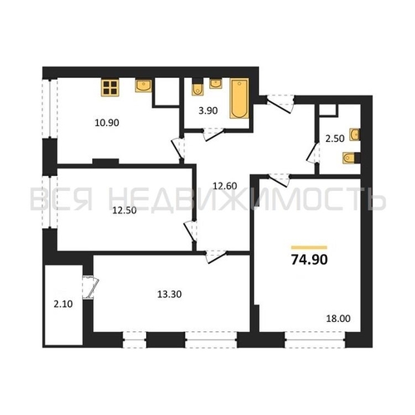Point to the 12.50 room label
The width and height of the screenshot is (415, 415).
(124, 210)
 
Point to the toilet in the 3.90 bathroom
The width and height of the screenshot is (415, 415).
(197, 90)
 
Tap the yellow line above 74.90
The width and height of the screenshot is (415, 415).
(309, 247)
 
